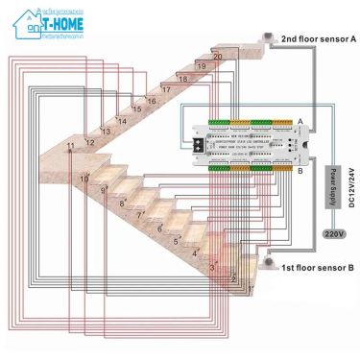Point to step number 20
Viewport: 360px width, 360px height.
tap(218, 58)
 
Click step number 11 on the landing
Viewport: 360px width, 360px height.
tap(69, 146)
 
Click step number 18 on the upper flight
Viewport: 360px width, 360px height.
tap(182, 79)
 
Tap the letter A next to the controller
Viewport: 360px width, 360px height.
tap(300, 120)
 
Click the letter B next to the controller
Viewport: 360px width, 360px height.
tap(300, 171)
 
